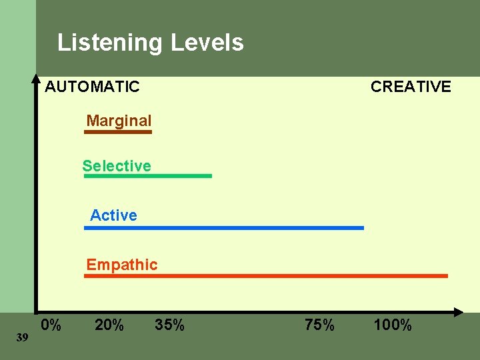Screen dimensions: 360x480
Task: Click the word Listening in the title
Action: (109, 43)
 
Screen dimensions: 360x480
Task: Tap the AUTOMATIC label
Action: (92, 87)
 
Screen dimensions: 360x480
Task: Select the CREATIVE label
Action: (411, 87)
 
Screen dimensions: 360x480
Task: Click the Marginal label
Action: (119, 121)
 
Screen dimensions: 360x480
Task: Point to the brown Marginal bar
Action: (118, 132)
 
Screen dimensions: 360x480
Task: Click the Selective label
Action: (117, 165)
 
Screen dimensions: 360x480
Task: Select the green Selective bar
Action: (147, 176)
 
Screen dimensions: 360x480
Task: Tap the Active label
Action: (113, 215)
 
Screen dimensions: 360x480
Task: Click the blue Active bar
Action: (224, 228)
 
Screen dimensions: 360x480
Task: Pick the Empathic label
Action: (122, 264)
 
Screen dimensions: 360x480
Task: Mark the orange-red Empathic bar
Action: (265, 275)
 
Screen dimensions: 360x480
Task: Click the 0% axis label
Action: (51, 325)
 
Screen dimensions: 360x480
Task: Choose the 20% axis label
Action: (109, 325)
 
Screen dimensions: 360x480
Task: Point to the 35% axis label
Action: (169, 325)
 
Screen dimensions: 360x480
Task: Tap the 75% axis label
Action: (320, 325)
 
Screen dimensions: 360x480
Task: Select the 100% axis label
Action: (393, 325)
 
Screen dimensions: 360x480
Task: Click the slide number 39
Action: (22, 338)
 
